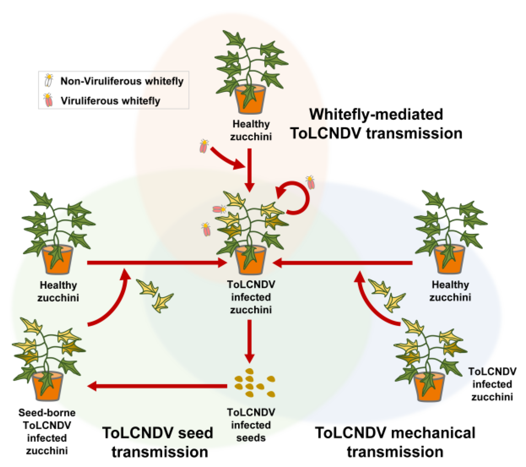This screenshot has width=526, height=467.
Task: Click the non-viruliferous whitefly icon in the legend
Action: coord(49,80)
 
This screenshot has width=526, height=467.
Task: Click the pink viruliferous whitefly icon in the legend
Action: coord(49,100)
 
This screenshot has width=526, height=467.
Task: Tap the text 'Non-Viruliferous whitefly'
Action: coord(122,81)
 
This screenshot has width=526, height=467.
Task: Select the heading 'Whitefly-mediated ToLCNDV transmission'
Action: coord(376,124)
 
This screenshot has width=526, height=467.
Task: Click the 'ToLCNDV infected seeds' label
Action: coord(251,425)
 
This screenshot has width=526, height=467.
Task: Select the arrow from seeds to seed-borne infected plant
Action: coord(158,386)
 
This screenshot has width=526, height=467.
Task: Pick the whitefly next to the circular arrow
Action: coord(310,182)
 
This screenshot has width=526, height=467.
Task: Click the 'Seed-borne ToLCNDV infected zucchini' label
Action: coord(47,432)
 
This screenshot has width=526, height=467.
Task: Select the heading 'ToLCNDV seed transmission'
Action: coord(158,442)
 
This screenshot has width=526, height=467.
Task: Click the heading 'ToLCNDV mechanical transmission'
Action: coord(395,442)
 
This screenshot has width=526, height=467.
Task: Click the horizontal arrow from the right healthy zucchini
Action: coord(343,263)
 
